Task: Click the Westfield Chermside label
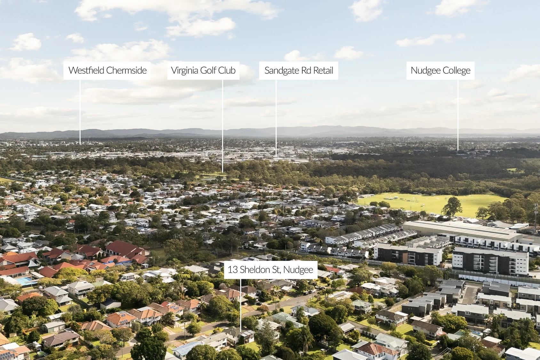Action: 107,71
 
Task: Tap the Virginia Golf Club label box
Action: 203,71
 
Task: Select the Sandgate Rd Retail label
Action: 298,71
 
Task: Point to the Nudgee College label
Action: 441,71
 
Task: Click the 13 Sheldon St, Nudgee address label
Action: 271,270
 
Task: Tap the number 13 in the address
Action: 233,269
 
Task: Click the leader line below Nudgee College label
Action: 458,115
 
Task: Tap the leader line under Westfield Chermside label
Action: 80,112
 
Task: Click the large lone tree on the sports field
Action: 452,206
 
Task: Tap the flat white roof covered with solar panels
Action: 340,295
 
